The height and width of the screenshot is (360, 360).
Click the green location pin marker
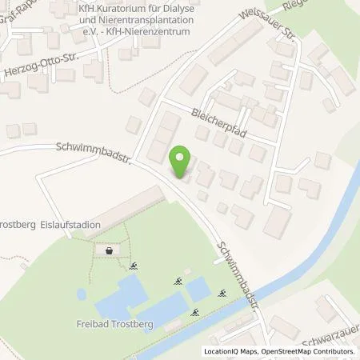[182, 162]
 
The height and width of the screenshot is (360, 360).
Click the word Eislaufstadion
[72, 226]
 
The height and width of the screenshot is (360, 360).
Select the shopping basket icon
[109, 251]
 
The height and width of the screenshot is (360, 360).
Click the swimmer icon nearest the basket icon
[135, 266]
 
